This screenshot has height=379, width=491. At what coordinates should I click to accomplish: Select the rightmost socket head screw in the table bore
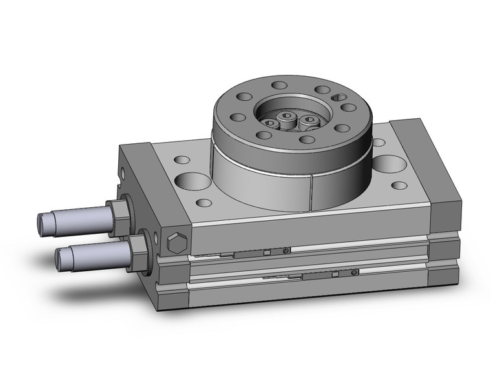coord(311,120)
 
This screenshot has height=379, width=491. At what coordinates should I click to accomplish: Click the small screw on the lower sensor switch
coord(356,273)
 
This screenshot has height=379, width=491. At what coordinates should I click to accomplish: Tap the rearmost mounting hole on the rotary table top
coord(278,85)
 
